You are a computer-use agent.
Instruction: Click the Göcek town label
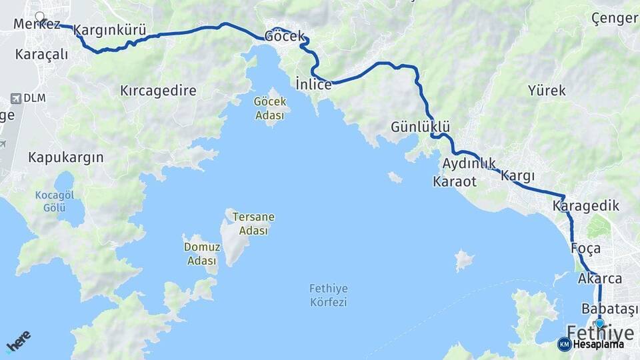[x=285, y=36]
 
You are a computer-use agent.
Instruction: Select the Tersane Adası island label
[x=253, y=224]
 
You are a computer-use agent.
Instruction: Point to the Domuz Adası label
[x=201, y=253]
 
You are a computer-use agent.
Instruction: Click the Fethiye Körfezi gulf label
[x=329, y=295]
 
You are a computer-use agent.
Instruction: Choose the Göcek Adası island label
[x=270, y=108]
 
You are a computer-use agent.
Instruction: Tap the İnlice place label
[x=313, y=85]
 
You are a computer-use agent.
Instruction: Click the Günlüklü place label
[x=420, y=127]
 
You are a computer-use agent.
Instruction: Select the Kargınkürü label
[x=109, y=30]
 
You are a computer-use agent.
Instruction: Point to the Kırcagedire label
[x=158, y=91]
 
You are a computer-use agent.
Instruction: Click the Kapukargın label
[x=65, y=157]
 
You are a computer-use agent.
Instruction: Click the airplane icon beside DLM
[x=15, y=98]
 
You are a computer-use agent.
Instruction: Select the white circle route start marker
[x=39, y=17]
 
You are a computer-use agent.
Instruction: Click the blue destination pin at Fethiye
[x=599, y=323]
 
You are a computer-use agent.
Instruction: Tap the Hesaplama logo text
[x=598, y=345]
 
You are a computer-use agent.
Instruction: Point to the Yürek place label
[x=547, y=90]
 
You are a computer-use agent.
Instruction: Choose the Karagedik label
[x=586, y=207]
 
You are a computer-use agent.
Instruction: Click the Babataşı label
[x=609, y=309]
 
